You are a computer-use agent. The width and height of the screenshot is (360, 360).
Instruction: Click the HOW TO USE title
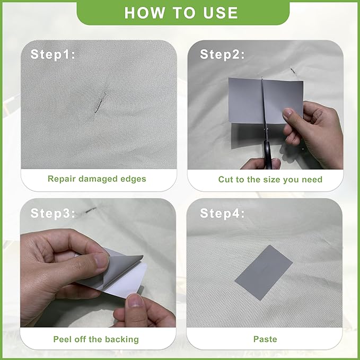point(181,13)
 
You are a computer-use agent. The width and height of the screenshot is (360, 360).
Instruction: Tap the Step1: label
point(53,55)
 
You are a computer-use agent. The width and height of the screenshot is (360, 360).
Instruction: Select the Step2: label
point(222,55)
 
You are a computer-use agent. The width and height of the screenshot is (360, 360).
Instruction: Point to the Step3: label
point(53,213)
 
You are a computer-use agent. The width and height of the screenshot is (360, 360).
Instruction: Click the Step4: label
point(222,213)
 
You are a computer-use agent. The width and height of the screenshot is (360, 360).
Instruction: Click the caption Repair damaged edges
point(97,179)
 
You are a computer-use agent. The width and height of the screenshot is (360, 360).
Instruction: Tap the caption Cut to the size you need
point(270,179)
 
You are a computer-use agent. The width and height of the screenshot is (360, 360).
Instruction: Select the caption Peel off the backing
point(96,339)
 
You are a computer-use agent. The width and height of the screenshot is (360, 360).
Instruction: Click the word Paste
point(265,339)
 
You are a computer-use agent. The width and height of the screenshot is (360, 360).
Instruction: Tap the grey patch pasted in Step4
point(264,273)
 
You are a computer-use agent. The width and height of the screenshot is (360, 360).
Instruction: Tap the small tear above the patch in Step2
point(293,71)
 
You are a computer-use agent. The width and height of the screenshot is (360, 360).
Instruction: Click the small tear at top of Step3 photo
point(91,209)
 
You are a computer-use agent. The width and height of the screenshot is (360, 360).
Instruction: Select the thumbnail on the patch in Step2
point(287,113)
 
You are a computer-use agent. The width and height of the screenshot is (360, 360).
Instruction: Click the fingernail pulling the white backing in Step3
point(135,300)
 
